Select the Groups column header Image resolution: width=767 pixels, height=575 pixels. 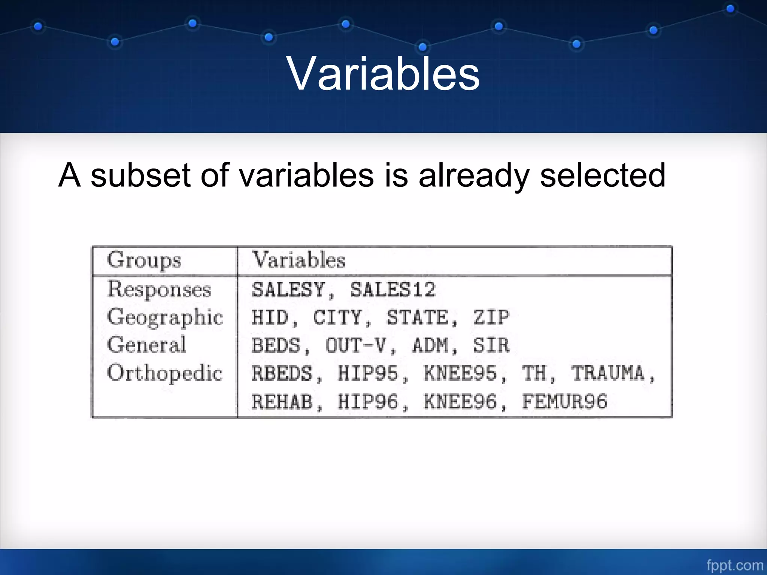tap(144, 260)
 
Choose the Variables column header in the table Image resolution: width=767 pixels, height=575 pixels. tap(298, 260)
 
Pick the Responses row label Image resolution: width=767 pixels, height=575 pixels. tap(159, 289)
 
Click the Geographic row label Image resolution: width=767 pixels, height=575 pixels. tap(165, 317)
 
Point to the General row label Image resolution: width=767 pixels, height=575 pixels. tap(146, 345)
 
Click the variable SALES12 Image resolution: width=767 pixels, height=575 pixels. tap(392, 289)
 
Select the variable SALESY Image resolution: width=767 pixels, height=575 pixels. tap(288, 289)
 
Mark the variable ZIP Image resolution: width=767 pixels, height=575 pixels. tap(491, 317)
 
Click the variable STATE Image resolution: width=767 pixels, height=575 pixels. tap(417, 317)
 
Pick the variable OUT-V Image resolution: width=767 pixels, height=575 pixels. tap(355, 345)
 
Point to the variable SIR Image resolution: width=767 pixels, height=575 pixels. tap(491, 345)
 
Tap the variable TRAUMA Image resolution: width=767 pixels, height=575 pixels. tap(607, 373)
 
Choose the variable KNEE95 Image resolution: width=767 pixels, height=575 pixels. tap(460, 373)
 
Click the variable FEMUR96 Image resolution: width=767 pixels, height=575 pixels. tap(564, 401)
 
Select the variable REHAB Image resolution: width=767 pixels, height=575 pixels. tap(282, 401)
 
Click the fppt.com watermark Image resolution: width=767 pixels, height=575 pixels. tap(734, 565)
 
